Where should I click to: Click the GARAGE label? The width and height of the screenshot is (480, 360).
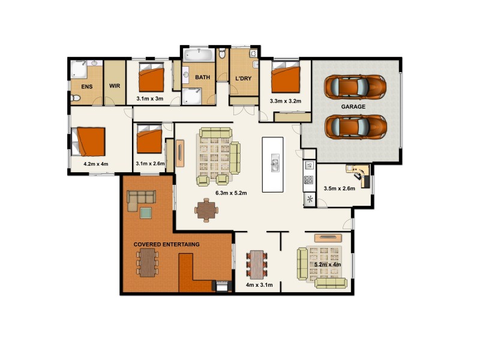353,107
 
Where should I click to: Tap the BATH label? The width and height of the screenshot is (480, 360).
202,77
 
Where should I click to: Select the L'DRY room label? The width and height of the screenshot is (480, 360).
243,79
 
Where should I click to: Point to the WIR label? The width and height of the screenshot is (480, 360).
115,86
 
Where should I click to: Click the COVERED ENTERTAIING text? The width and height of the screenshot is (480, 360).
166,245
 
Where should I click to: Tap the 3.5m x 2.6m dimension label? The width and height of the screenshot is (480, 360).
339,188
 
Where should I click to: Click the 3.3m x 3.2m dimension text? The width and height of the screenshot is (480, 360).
286,101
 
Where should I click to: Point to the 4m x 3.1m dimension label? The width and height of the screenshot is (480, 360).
259,285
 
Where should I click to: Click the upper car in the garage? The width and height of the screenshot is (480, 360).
355,87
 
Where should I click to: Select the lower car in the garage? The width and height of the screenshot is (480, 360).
355,127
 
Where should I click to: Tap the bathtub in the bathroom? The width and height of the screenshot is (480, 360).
197,56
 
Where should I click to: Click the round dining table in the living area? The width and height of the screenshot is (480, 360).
207,210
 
